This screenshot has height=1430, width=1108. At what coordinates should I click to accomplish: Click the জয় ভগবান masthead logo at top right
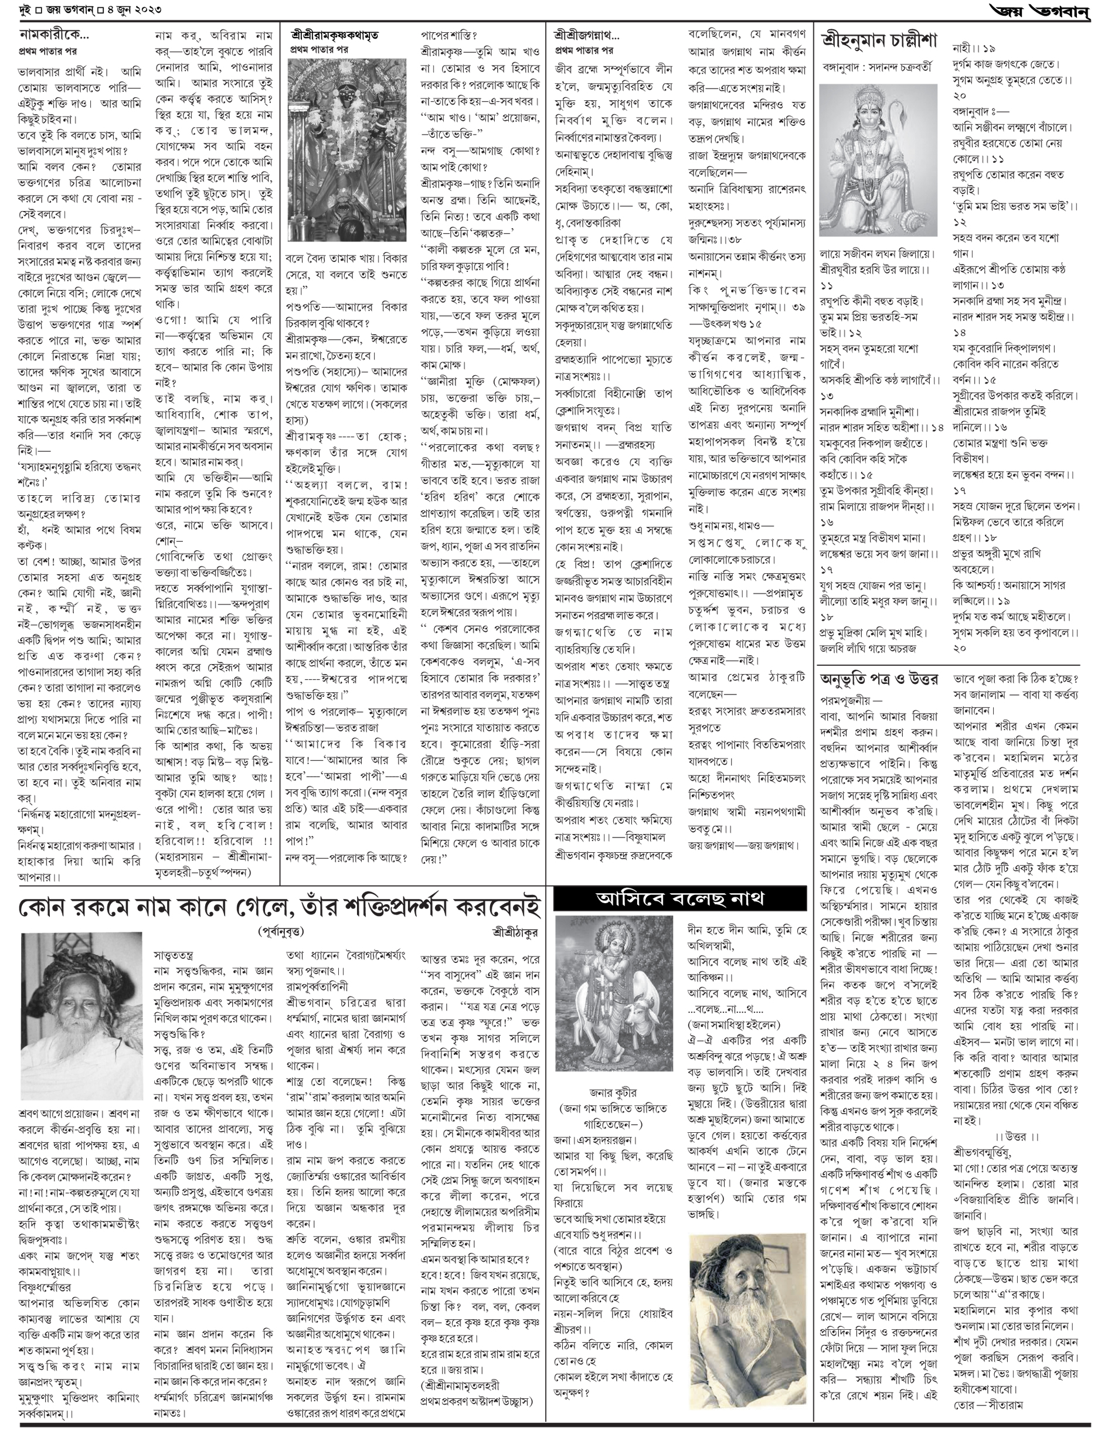(x=1042, y=11)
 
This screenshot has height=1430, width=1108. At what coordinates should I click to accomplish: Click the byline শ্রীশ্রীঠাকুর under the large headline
(x=516, y=931)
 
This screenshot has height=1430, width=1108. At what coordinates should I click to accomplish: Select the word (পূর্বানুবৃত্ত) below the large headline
(x=281, y=931)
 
